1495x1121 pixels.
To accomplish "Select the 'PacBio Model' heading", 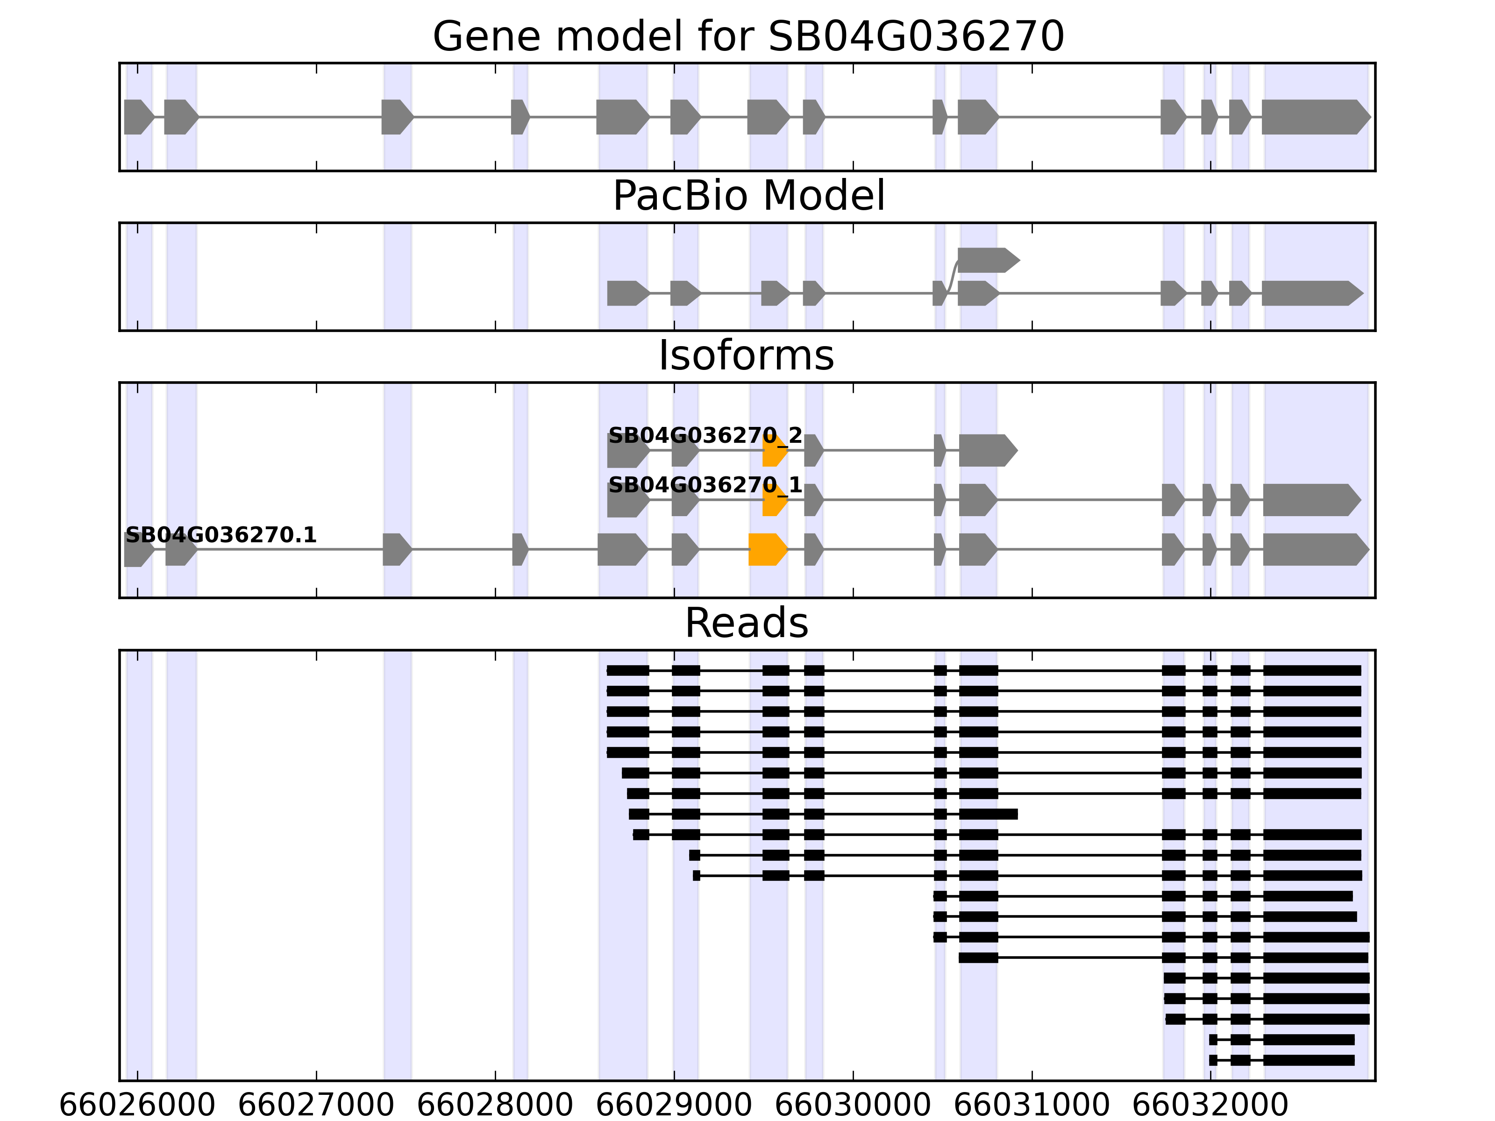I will tap(748, 196).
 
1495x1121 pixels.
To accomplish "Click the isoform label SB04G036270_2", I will tap(705, 435).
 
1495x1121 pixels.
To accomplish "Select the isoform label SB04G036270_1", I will tap(705, 485).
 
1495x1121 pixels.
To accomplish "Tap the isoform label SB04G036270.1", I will tap(221, 535).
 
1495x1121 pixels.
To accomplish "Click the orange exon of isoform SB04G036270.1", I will tap(768, 549).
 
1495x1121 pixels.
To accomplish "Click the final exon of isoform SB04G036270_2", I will tap(987, 451).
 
